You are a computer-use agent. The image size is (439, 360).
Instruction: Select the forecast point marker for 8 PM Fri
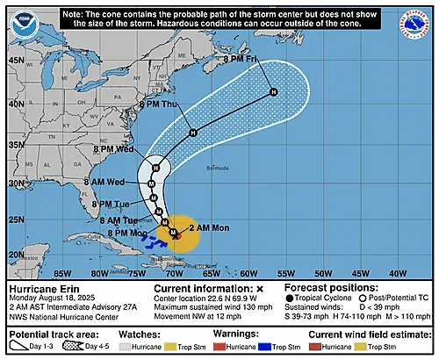tap(273, 91)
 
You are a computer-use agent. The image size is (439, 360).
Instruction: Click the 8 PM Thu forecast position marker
tap(193, 133)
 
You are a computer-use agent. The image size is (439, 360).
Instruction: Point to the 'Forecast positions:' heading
tap(329, 288)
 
